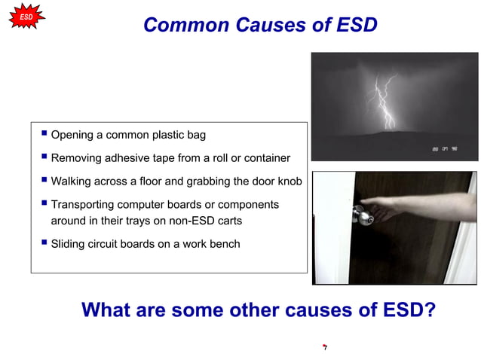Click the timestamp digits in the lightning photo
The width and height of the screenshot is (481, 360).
444,148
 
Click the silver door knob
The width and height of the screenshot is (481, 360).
364,217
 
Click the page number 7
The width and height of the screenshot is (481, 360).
324,348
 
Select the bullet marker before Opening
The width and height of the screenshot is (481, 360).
44,134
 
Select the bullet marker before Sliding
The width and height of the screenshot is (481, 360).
44,243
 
